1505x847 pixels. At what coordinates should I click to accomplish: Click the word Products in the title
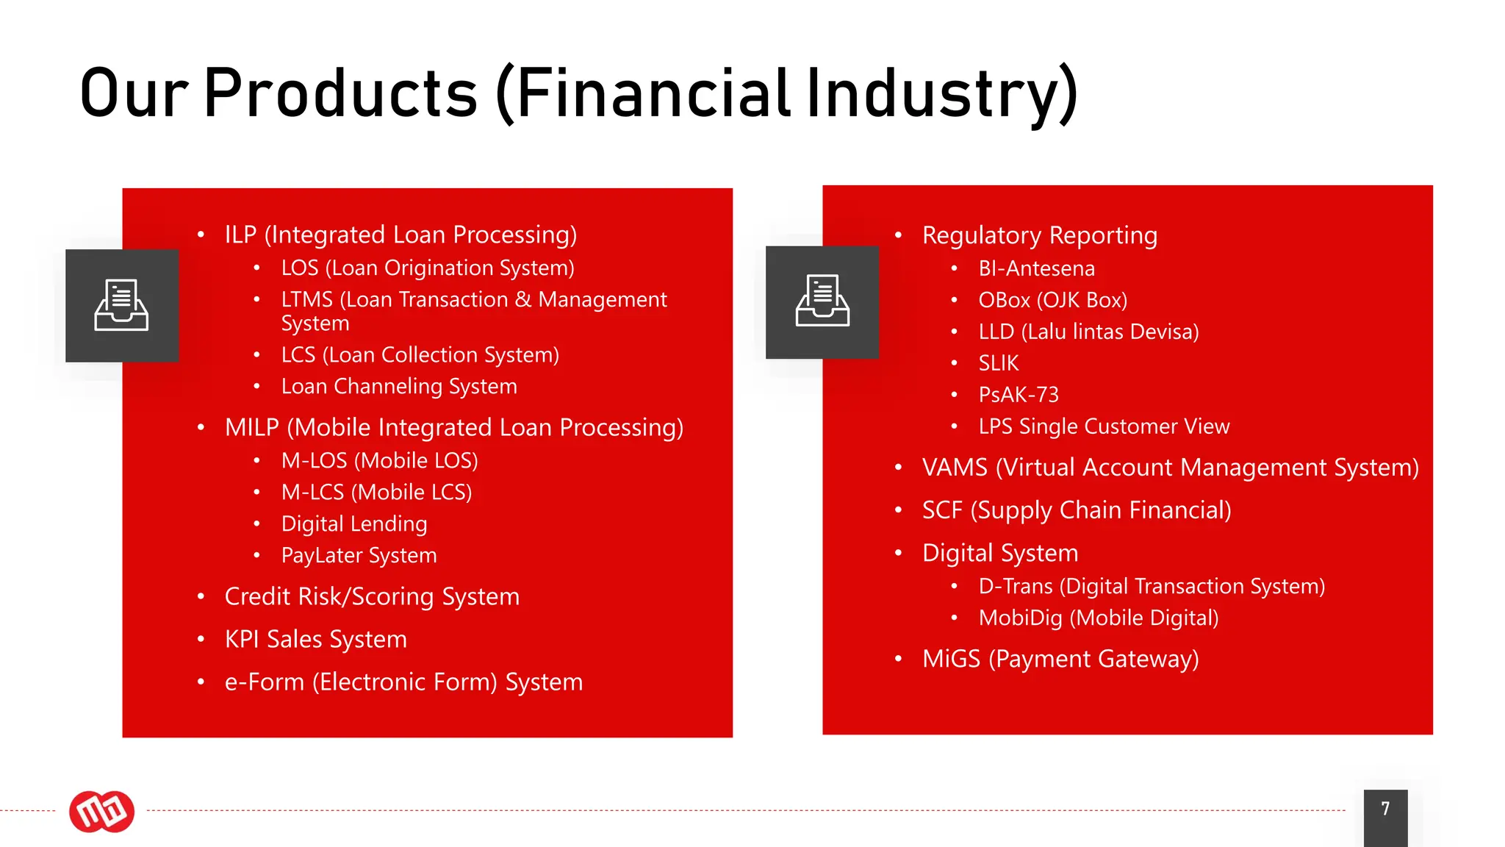pos(340,93)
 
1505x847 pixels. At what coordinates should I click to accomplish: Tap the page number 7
pos(1385,810)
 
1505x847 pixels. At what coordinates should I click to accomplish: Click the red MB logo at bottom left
pos(101,812)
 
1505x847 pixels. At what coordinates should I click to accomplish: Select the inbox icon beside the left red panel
pos(122,305)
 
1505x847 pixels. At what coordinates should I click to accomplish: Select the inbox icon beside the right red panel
pos(822,302)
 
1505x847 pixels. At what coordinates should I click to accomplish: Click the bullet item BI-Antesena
pos(1036,269)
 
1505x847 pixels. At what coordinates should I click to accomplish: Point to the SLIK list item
pos(998,363)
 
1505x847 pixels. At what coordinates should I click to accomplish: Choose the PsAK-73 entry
pos(1019,395)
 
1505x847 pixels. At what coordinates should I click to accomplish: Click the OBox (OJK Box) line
pos(1052,301)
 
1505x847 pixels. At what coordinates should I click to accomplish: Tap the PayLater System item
pos(359,556)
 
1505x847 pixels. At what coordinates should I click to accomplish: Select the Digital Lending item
pos(354,524)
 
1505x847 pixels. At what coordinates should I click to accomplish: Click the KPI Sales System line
pos(315,640)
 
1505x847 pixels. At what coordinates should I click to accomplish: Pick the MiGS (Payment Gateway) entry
pos(1060,659)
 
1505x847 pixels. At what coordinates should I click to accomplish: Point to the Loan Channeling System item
pos(399,387)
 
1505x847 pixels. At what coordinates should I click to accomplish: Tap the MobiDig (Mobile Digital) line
pos(1098,618)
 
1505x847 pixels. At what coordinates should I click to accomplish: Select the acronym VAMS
pos(955,468)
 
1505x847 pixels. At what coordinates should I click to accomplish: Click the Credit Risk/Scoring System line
pos(372,597)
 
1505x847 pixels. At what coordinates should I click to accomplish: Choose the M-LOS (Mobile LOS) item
pos(379,461)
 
